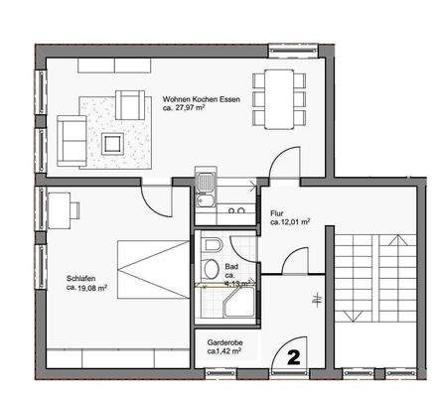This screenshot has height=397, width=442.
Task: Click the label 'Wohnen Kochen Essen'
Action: tap(202, 99)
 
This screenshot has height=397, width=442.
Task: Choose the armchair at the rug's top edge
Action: tap(128, 103)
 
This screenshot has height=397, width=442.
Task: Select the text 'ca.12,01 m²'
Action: tap(291, 224)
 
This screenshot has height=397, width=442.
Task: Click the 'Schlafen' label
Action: tap(81, 279)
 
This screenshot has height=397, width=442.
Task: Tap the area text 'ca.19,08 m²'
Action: tap(86, 289)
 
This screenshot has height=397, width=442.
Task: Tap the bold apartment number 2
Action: tap(294, 354)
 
